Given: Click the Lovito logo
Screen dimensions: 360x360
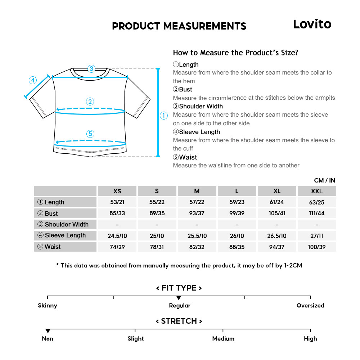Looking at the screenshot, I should (312, 24).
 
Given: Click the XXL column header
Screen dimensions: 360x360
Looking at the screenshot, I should (316, 191).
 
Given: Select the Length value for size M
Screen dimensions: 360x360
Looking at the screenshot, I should (197, 202).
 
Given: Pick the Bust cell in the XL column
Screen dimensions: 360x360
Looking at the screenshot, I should (277, 213).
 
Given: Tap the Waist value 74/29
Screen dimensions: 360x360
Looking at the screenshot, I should (117, 247).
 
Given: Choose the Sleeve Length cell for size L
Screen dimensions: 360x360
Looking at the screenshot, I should (237, 236).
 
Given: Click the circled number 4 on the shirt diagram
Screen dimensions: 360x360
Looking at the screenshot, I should (33, 80).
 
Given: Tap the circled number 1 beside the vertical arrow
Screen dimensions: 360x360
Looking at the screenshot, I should (164, 116).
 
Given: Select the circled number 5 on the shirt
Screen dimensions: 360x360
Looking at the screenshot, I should (90, 134).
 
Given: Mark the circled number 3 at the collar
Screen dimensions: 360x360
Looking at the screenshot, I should (91, 68).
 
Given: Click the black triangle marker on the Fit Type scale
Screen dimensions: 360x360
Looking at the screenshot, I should (179, 298).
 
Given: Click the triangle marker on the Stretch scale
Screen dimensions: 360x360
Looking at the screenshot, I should (48, 331).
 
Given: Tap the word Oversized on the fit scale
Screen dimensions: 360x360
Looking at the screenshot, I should (310, 306).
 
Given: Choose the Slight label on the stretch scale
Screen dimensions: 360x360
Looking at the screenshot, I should (135, 339).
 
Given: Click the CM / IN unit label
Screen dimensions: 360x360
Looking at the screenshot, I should (324, 180).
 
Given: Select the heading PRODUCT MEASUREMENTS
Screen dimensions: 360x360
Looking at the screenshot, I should (179, 26).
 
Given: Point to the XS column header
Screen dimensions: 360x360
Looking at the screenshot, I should (117, 191).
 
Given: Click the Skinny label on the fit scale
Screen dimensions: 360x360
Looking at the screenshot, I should (48, 306).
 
